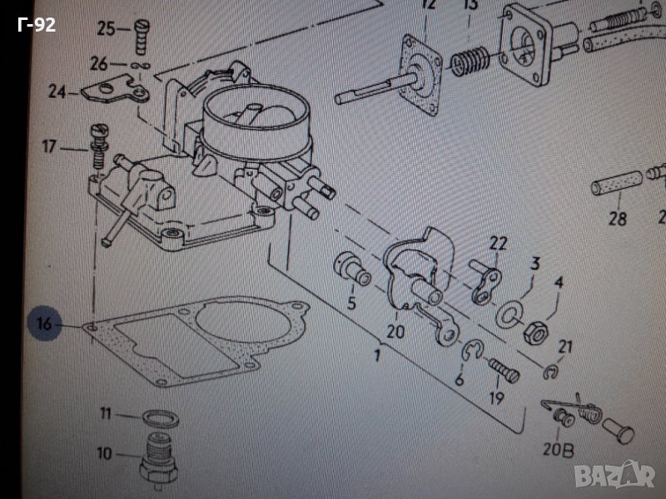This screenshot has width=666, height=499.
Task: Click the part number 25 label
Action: tap(107, 29)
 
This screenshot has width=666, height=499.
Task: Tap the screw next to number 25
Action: tap(140, 34)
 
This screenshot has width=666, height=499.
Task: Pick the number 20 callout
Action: tap(395, 332)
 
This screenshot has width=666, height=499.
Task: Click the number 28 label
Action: tap(617, 220)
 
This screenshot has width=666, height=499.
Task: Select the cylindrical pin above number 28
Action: tap(617, 182)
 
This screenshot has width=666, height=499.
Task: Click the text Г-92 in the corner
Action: tap(36, 26)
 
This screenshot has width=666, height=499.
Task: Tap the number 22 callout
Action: tap(497, 243)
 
